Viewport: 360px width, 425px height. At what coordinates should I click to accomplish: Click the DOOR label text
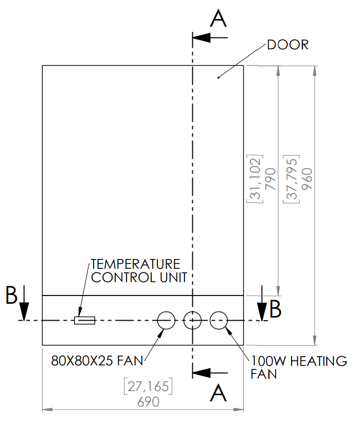click(x=287, y=45)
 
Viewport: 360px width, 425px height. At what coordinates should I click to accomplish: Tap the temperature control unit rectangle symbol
click(x=85, y=321)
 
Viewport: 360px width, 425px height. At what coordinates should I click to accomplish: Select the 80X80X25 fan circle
click(x=166, y=320)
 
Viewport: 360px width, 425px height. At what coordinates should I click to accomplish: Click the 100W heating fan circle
click(x=219, y=320)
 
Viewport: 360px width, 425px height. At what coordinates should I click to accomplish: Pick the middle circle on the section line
click(x=192, y=320)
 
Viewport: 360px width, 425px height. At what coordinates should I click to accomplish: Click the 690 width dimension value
click(x=149, y=402)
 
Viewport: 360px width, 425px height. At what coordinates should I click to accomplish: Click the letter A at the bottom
click(x=219, y=394)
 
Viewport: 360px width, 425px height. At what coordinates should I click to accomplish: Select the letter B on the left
click(x=12, y=295)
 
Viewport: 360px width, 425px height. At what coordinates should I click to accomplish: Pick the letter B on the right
click(x=276, y=308)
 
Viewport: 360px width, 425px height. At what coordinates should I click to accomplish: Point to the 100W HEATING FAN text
click(x=298, y=367)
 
